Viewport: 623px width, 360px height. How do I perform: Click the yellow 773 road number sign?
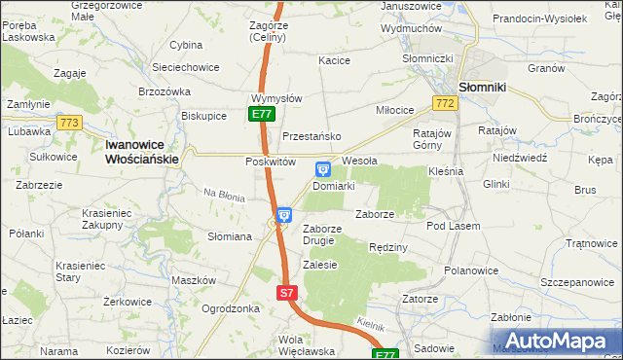(69, 123)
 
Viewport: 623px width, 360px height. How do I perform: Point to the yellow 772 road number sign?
(446, 103)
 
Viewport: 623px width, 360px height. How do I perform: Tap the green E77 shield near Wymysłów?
(261, 114)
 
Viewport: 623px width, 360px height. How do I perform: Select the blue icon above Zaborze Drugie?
(283, 216)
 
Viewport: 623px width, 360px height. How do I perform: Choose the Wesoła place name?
(359, 161)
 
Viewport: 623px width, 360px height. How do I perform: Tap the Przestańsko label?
(311, 136)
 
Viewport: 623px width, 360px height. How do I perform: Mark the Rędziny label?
(387, 248)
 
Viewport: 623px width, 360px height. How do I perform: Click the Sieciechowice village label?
(185, 67)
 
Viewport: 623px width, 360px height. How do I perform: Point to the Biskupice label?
(204, 115)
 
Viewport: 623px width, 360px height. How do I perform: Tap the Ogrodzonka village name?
(231, 308)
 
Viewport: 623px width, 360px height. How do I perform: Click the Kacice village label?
(334, 60)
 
